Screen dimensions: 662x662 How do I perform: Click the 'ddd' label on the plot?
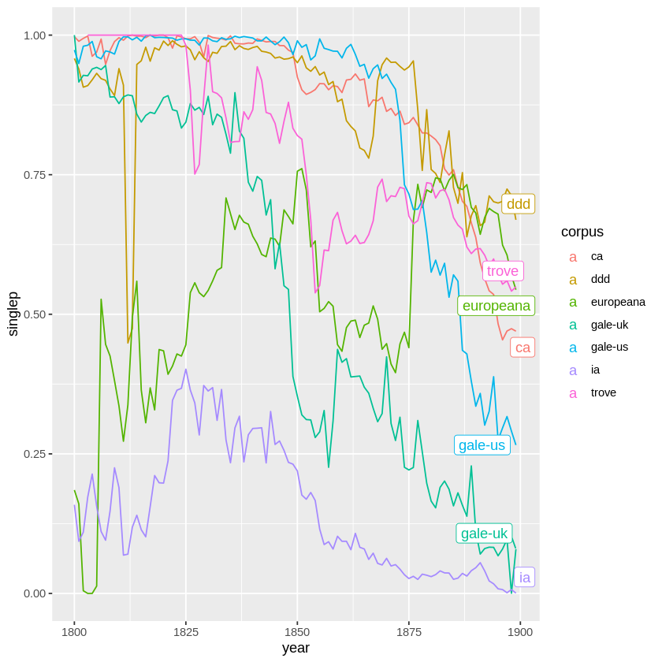pos(518,204)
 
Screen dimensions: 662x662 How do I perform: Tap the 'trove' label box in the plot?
pos(503,271)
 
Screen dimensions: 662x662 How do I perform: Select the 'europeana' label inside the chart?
pos(496,306)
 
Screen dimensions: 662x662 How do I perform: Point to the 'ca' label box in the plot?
pos(523,348)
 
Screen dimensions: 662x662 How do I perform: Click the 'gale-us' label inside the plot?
pos(482,445)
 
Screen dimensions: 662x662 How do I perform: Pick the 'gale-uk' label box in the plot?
pos(484,534)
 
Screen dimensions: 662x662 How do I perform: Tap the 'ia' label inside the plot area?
pos(524,578)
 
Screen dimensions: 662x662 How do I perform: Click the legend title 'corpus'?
pos(582,232)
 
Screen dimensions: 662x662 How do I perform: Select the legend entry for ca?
pos(597,256)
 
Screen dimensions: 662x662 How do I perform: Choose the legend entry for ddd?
pos(600,279)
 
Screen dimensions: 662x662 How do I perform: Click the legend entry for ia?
pos(595,370)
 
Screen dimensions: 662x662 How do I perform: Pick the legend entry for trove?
pos(603,392)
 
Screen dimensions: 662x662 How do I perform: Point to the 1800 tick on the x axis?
pos(74,632)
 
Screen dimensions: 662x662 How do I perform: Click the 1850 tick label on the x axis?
pos(297,632)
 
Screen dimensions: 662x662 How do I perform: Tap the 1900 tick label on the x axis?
pos(519,632)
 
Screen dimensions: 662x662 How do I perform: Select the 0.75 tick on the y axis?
pos(35,175)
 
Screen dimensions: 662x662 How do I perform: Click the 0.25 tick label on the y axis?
pos(35,454)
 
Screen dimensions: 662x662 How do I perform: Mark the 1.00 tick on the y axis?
pos(35,35)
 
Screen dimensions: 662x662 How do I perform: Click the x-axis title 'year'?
pos(296,648)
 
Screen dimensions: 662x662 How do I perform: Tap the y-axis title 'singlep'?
pos(13,314)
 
